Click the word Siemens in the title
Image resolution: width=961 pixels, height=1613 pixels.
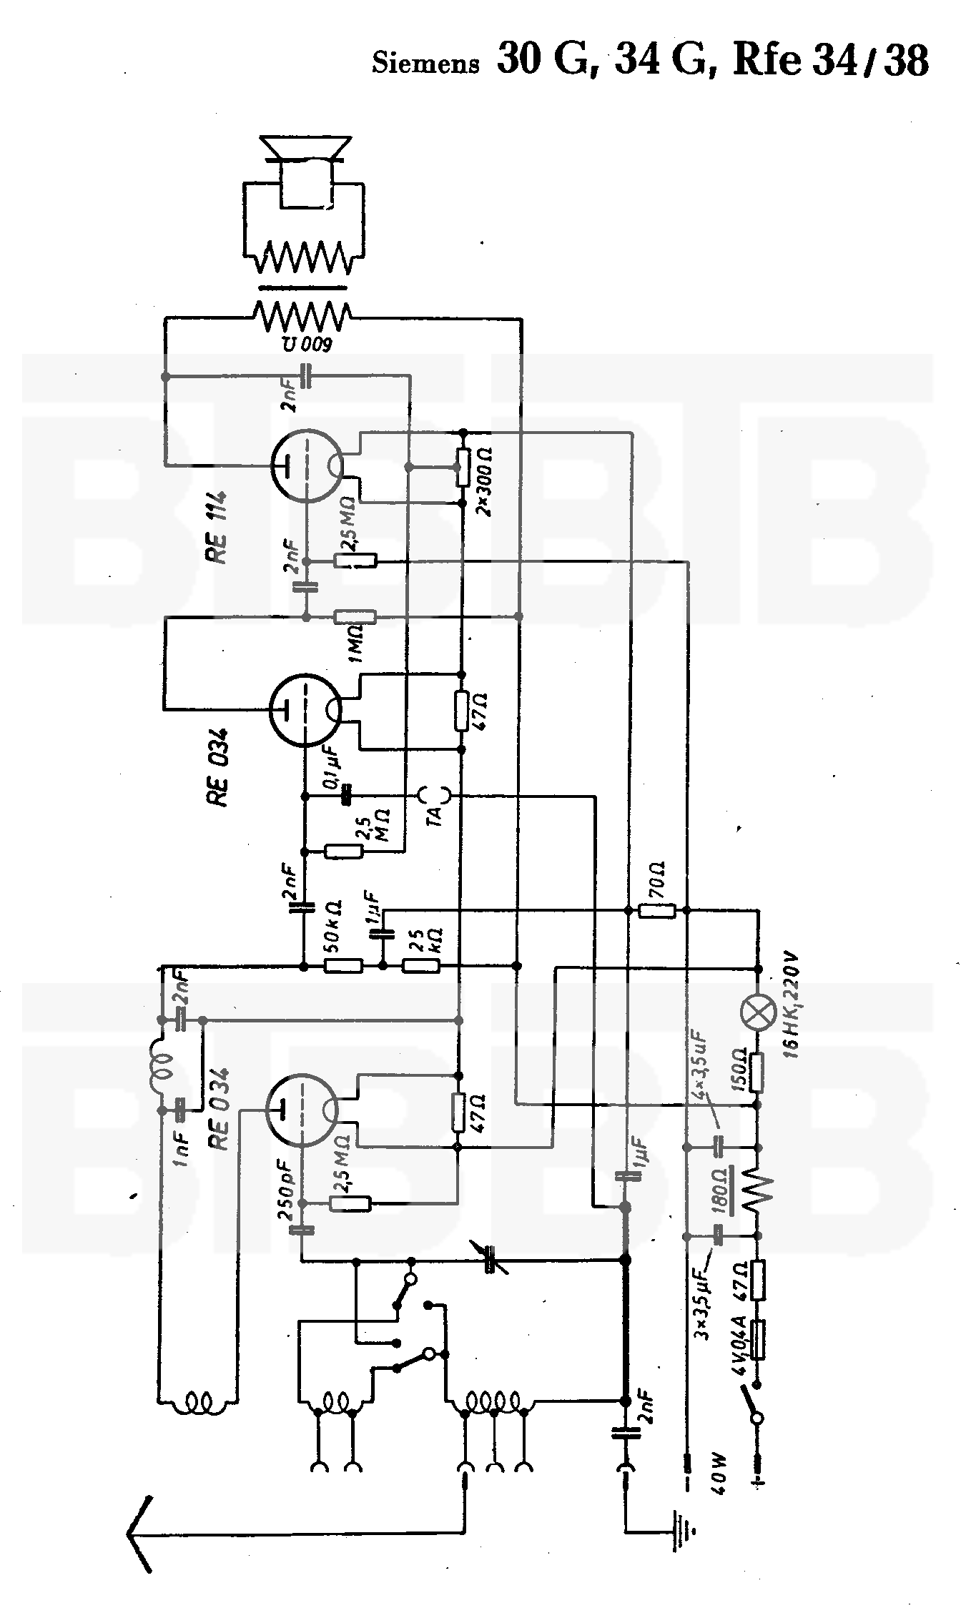425,64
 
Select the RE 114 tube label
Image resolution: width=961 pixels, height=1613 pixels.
217,528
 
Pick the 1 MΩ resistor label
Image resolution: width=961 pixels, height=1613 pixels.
355,643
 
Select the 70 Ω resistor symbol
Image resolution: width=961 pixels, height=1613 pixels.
657,910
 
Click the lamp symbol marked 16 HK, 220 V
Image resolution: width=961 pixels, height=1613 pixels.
759,1015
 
